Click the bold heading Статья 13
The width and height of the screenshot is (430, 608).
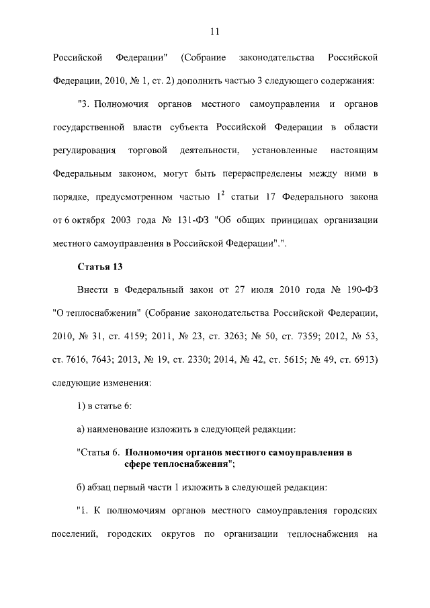tap(99, 267)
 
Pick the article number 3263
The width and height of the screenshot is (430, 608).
tap(243, 337)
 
